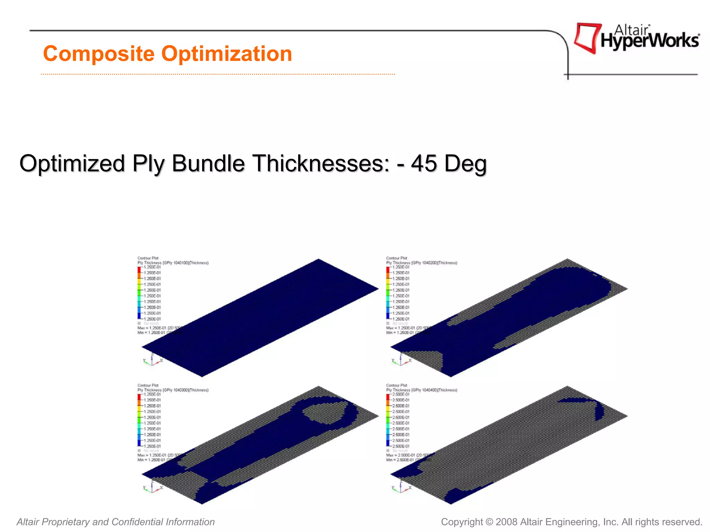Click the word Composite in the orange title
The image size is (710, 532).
98,54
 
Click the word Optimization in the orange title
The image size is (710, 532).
227,54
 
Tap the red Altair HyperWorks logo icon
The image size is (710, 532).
587,37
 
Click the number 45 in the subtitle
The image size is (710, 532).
424,163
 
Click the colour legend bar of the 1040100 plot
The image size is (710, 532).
139,293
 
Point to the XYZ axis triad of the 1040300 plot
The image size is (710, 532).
152,486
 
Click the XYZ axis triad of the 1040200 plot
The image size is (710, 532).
401,360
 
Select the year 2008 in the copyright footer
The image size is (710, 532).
506,522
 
